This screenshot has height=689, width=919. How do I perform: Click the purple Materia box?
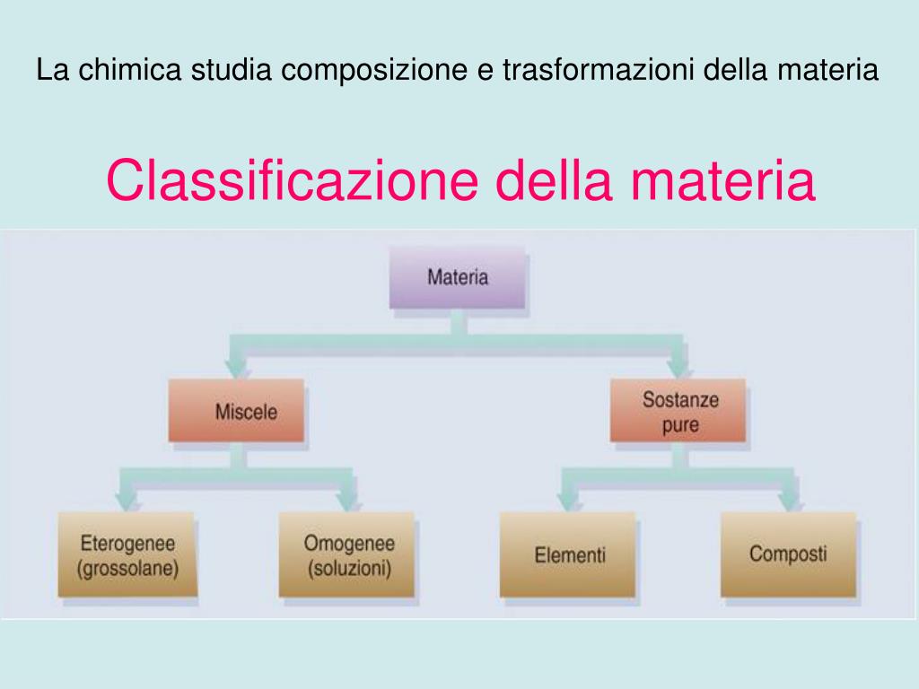click(458, 277)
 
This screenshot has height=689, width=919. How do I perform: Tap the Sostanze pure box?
click(679, 412)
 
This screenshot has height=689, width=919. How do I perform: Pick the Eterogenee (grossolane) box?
click(127, 554)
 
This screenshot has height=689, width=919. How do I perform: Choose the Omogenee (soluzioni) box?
click(348, 554)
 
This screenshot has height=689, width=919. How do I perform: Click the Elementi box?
click(569, 554)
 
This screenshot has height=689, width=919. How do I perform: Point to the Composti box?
click(788, 554)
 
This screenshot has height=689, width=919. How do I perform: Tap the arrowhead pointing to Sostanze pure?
click(678, 366)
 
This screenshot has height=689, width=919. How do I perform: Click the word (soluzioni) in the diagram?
click(349, 568)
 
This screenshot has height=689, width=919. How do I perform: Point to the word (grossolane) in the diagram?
click(127, 568)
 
